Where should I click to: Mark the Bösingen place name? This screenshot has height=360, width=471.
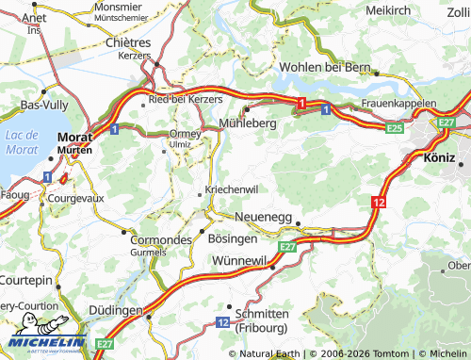[x=232, y=239]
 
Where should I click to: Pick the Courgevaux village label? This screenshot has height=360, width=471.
[x=79, y=199]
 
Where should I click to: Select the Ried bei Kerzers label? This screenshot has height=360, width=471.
[x=186, y=99]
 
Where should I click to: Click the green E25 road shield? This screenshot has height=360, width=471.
[x=394, y=127]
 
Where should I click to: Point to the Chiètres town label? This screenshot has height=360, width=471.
[x=128, y=42]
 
